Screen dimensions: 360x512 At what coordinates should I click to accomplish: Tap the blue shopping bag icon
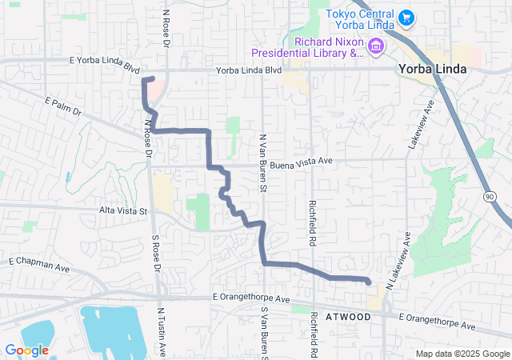pos(406,16)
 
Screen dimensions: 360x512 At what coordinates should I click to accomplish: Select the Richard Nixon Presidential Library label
pos(306,47)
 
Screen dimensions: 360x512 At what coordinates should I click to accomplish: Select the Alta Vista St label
pos(124,211)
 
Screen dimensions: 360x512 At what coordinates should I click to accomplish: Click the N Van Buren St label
pos(262,162)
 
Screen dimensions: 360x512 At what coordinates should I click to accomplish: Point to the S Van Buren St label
pos(262,328)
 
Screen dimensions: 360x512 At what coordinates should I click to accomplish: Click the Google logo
pos(27,350)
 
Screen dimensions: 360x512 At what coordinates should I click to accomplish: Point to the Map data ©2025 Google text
pos(462,354)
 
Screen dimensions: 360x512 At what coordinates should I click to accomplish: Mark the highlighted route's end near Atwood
pos(368,282)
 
